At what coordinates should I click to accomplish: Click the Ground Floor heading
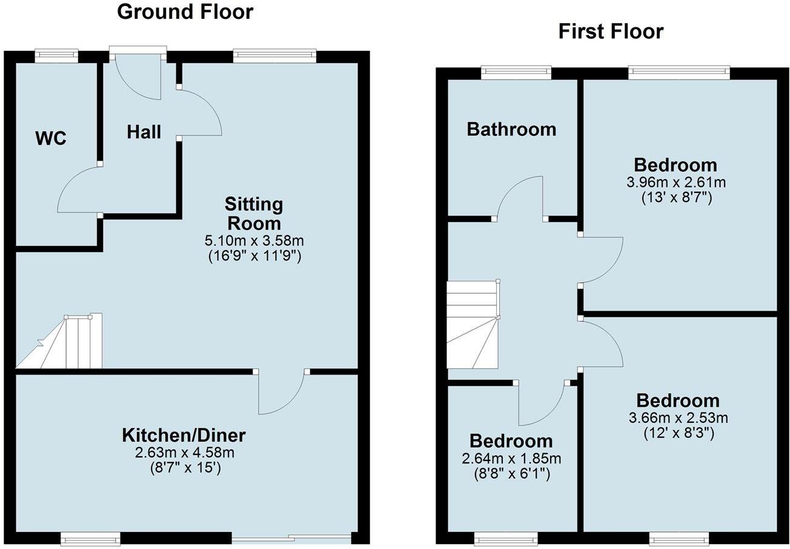[185, 12]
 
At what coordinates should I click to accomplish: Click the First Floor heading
[611, 32]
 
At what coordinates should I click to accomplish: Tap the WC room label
[51, 138]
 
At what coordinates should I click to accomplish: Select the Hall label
[144, 132]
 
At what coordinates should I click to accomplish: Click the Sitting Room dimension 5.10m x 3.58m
[254, 241]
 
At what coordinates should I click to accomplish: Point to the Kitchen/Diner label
[184, 435]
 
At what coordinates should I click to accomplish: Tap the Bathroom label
[511, 129]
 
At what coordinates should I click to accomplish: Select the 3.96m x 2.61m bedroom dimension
[675, 182]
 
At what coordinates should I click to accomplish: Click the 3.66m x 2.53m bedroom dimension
[678, 417]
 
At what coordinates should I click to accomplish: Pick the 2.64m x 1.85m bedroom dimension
[511, 458]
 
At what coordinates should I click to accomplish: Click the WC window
[56, 55]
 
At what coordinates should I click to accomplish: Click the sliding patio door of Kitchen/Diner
[291, 537]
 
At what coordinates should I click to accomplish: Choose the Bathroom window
[516, 73]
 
